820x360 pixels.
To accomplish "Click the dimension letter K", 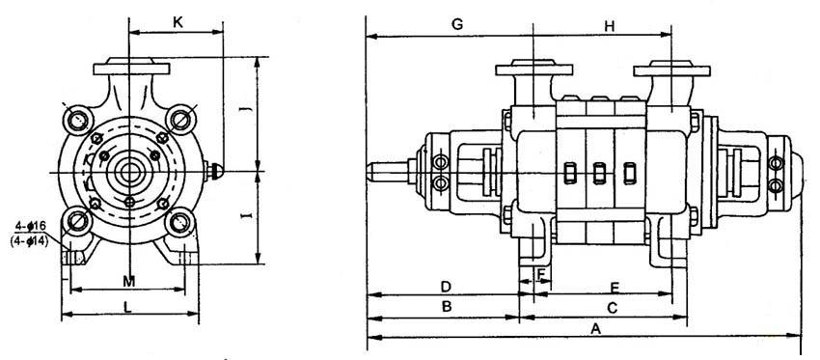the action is click(178, 22).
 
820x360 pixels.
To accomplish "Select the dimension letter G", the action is click(457, 24).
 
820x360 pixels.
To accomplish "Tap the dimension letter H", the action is click(610, 27).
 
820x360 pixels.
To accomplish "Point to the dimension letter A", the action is click(594, 328).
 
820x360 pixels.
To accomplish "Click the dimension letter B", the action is click(446, 307).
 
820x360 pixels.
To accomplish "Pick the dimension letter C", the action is click(613, 308).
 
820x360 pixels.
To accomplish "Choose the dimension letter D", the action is click(446, 287).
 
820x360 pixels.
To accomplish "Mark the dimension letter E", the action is click(615, 288).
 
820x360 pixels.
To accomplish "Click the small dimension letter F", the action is click(541, 273).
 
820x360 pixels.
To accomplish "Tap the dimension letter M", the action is click(128, 282).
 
